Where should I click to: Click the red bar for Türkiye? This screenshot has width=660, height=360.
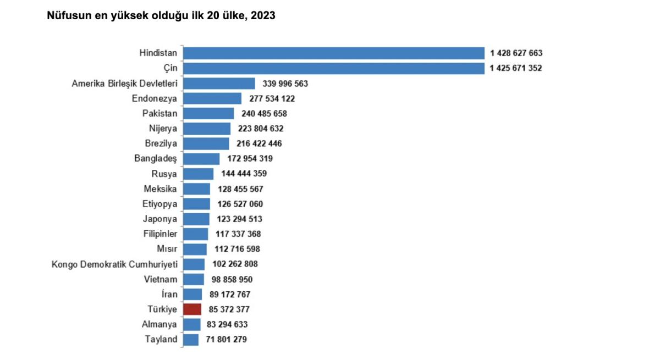[192, 309]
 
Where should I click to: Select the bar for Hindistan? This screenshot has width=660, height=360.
[333, 53]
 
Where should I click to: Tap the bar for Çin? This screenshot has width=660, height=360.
[333, 68]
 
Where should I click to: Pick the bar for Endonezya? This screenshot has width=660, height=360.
[212, 98]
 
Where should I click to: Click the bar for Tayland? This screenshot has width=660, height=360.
[191, 340]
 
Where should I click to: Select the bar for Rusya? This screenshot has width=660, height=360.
[198, 174]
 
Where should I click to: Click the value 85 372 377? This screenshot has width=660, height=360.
[229, 309]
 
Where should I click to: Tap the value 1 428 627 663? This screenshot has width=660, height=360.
[516, 53]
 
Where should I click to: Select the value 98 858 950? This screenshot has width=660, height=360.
[232, 279]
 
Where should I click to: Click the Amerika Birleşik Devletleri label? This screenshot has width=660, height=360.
[124, 84]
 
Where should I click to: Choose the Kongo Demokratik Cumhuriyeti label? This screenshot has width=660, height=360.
[114, 264]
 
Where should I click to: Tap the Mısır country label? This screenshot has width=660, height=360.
[167, 249]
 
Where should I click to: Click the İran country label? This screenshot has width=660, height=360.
[170, 294]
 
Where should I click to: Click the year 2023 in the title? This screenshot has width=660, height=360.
[263, 16]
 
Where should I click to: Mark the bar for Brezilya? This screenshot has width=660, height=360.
[206, 143]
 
